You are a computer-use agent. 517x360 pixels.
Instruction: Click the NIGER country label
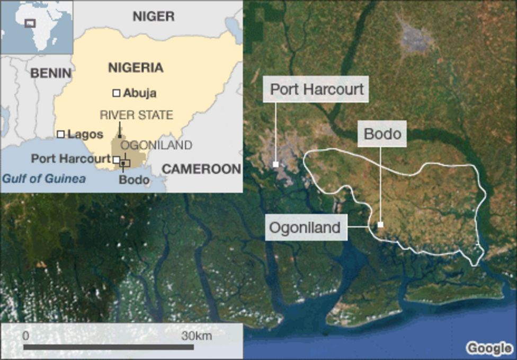pyautogui.click(x=153, y=16)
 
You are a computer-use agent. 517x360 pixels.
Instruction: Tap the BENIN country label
pyautogui.click(x=50, y=73)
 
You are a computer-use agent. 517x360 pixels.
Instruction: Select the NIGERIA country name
pyautogui.click(x=136, y=68)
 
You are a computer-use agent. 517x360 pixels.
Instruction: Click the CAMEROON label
pyautogui.click(x=201, y=169)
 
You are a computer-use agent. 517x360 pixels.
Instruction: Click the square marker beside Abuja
pyautogui.click(x=116, y=93)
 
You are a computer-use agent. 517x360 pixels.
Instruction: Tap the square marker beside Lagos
pyautogui.click(x=61, y=135)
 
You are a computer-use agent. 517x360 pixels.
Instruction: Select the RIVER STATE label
pyautogui.click(x=136, y=115)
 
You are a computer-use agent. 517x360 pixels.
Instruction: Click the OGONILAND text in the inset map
pyautogui.click(x=156, y=145)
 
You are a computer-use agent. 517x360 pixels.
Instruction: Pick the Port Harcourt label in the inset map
pyautogui.click(x=70, y=159)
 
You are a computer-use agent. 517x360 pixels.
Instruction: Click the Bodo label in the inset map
pyautogui.click(x=133, y=180)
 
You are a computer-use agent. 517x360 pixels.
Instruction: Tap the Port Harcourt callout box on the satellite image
pyautogui.click(x=317, y=89)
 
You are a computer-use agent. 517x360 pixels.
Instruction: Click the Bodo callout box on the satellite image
pyautogui.click(x=382, y=134)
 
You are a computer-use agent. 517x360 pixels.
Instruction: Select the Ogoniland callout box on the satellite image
pyautogui.click(x=305, y=227)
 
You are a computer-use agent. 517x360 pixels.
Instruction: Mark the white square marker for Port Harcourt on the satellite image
pyautogui.click(x=275, y=164)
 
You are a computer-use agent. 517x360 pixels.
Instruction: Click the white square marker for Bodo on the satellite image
pyautogui.click(x=380, y=225)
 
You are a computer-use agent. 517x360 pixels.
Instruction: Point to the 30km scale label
pyautogui.click(x=197, y=336)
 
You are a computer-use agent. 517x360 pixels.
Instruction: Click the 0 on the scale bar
pyautogui.click(x=25, y=336)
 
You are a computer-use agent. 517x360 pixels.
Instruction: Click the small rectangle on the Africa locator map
pyautogui.click(x=30, y=23)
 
